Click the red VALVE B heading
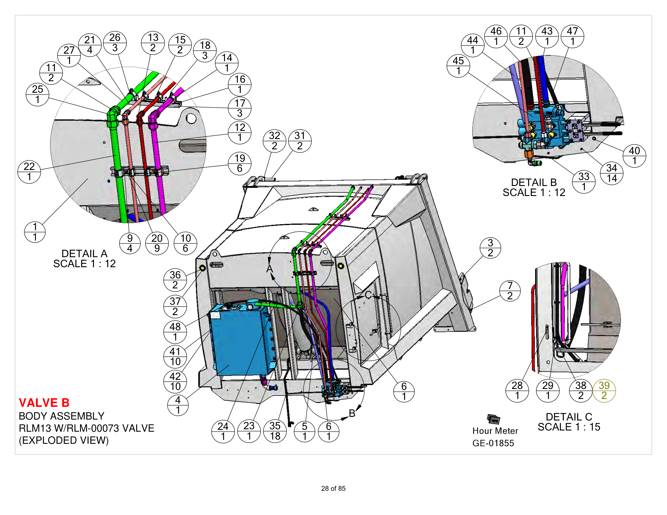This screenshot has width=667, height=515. point(44,403)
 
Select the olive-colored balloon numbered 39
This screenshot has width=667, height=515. point(604,391)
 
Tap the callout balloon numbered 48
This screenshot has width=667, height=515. point(175,332)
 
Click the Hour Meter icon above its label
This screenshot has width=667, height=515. point(493,419)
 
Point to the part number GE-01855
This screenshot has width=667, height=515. point(493,443)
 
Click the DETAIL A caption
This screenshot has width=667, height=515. point(85,254)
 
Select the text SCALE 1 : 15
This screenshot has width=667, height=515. point(569,427)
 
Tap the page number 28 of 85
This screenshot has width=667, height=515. point(333,488)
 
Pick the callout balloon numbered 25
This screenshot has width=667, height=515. point(37,94)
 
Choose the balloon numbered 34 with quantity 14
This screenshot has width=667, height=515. point(612,173)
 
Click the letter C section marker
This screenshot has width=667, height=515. point(368,295)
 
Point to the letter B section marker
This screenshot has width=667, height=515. point(352,413)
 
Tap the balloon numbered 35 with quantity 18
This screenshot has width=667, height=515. point(275,431)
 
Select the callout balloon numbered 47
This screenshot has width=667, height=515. point(572,36)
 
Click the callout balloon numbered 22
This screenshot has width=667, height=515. point(29,172)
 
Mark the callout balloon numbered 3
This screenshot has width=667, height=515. point(490,248)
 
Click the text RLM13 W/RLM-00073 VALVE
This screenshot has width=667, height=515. point(86,428)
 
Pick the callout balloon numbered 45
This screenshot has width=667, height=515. point(458,66)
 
